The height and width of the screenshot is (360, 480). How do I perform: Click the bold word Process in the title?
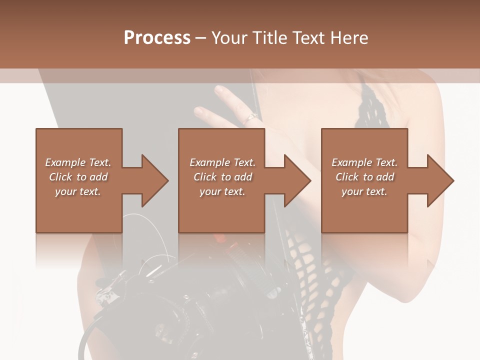click(x=157, y=38)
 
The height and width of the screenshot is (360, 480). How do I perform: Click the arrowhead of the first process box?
click(x=155, y=180)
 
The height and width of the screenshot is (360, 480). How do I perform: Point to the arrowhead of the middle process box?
click(x=298, y=180)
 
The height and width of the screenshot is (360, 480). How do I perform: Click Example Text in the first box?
click(x=78, y=162)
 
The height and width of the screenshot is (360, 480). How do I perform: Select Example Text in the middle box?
click(x=222, y=162)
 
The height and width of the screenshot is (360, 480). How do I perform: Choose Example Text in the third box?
click(x=364, y=162)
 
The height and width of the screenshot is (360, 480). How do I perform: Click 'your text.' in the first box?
click(x=78, y=191)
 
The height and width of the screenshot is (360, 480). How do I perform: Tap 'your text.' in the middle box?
click(x=222, y=191)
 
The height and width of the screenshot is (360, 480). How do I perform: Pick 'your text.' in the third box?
click(x=364, y=191)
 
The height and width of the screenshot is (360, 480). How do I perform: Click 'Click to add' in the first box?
click(x=78, y=177)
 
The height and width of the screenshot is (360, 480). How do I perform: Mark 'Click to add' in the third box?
click(x=364, y=177)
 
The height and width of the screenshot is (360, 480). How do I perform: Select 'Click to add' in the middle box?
click(x=222, y=177)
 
